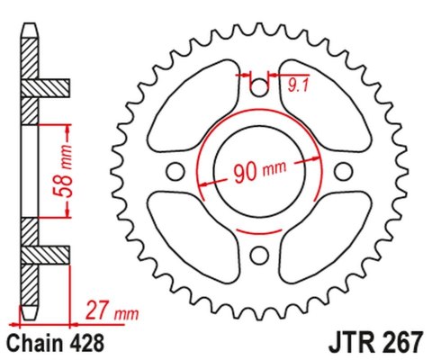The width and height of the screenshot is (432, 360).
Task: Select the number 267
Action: (392, 342)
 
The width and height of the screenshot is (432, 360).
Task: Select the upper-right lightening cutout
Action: (321, 108)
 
